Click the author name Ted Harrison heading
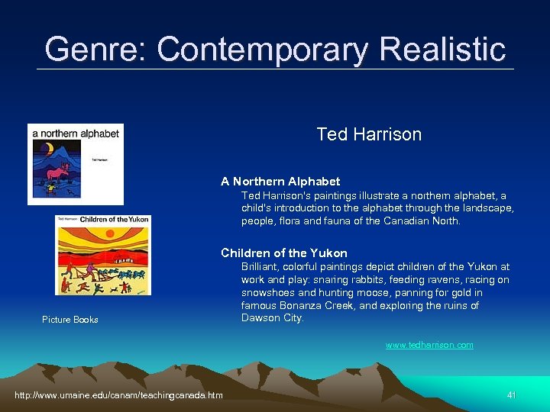pyautogui.click(x=369, y=134)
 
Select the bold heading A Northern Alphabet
pyautogui.click(x=280, y=182)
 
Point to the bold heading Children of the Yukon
pyautogui.click(x=284, y=253)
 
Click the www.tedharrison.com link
pyautogui.click(x=429, y=345)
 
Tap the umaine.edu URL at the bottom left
pyautogui.click(x=118, y=394)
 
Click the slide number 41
pyautogui.click(x=512, y=394)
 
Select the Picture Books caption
pyautogui.click(x=70, y=320)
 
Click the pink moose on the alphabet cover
pyautogui.click(x=57, y=174)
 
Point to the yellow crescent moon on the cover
pyautogui.click(x=48, y=149)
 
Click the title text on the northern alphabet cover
pyautogui.click(x=76, y=134)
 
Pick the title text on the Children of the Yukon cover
pyautogui.click(x=114, y=220)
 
